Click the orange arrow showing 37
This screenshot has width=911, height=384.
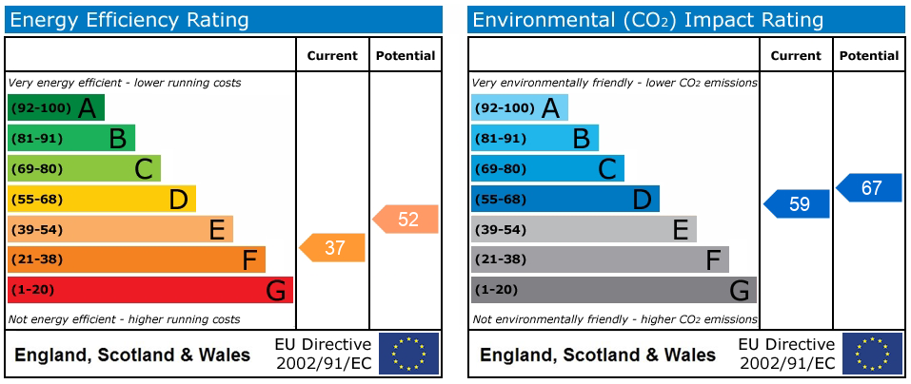332,248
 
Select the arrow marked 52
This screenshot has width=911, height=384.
406,220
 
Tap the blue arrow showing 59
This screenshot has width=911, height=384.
796,203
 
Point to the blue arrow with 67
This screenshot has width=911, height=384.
868,188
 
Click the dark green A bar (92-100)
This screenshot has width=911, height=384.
56,108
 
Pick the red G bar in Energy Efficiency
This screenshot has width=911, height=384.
149,290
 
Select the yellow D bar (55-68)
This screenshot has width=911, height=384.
102,199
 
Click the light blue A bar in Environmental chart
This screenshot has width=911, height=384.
520,108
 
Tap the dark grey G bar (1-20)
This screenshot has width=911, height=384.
614,290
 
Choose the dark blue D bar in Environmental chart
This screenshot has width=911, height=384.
565,199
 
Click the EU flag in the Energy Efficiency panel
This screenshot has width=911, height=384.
409,354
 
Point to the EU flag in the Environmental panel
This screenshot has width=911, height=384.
872,354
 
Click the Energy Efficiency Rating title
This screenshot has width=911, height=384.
129,21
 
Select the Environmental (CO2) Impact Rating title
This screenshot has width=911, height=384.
648,21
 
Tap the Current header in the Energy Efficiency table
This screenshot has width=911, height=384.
332,56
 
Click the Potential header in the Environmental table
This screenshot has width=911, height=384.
869,56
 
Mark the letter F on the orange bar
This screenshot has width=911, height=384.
249,260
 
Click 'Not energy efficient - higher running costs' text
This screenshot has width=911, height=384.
125,319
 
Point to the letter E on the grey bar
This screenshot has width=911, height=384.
681,230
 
